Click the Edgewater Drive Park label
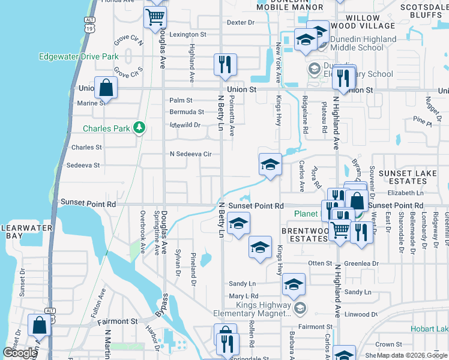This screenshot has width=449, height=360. [78, 57]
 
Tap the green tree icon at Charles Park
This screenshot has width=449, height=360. [139, 128]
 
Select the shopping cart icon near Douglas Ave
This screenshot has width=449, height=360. [155, 17]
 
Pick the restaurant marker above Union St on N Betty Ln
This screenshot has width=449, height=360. [226, 65]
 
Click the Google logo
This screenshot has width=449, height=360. [20, 353]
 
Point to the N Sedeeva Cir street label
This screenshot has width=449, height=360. [191, 154]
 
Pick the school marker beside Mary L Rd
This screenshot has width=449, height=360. [294, 286]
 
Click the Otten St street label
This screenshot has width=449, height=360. [320, 263]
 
